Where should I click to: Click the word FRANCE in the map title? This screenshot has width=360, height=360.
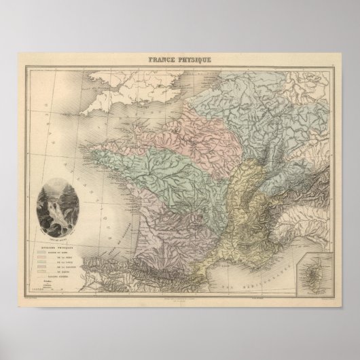point(162,60)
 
